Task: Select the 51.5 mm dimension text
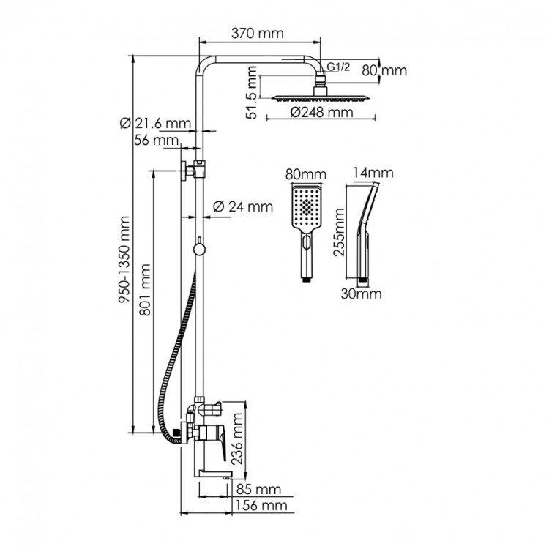click(253, 94)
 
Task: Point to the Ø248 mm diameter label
click(321, 113)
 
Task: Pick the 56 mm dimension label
click(156, 140)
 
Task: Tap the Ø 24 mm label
click(242, 207)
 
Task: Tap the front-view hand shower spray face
click(304, 208)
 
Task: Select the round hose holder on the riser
click(198, 250)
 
